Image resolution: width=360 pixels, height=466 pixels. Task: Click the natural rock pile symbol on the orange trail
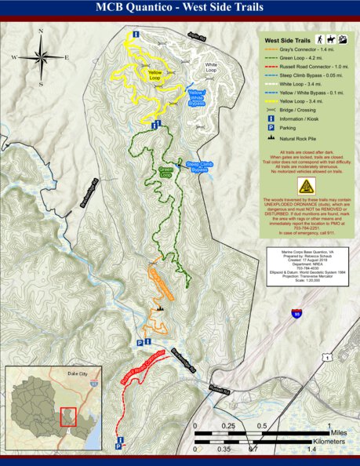click(159, 308)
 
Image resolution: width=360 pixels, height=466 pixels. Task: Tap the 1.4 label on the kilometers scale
click(311, 450)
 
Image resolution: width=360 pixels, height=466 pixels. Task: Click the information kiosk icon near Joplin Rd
click(136, 35)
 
